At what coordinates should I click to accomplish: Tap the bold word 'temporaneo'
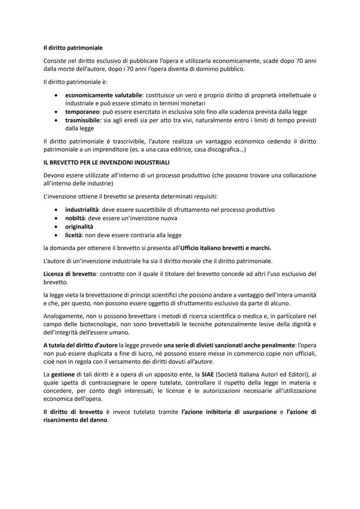click(82, 112)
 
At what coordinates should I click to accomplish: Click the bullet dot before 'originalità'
click(56, 227)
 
